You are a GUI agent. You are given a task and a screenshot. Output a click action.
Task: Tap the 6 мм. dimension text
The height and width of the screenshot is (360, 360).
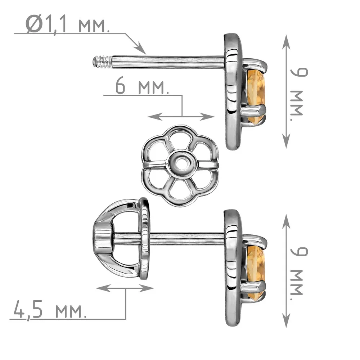click(142, 86)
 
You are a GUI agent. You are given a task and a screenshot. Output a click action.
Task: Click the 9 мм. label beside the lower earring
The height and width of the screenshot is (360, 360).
click(299, 274)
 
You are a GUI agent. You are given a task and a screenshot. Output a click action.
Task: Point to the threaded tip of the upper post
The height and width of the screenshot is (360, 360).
click(102, 62)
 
